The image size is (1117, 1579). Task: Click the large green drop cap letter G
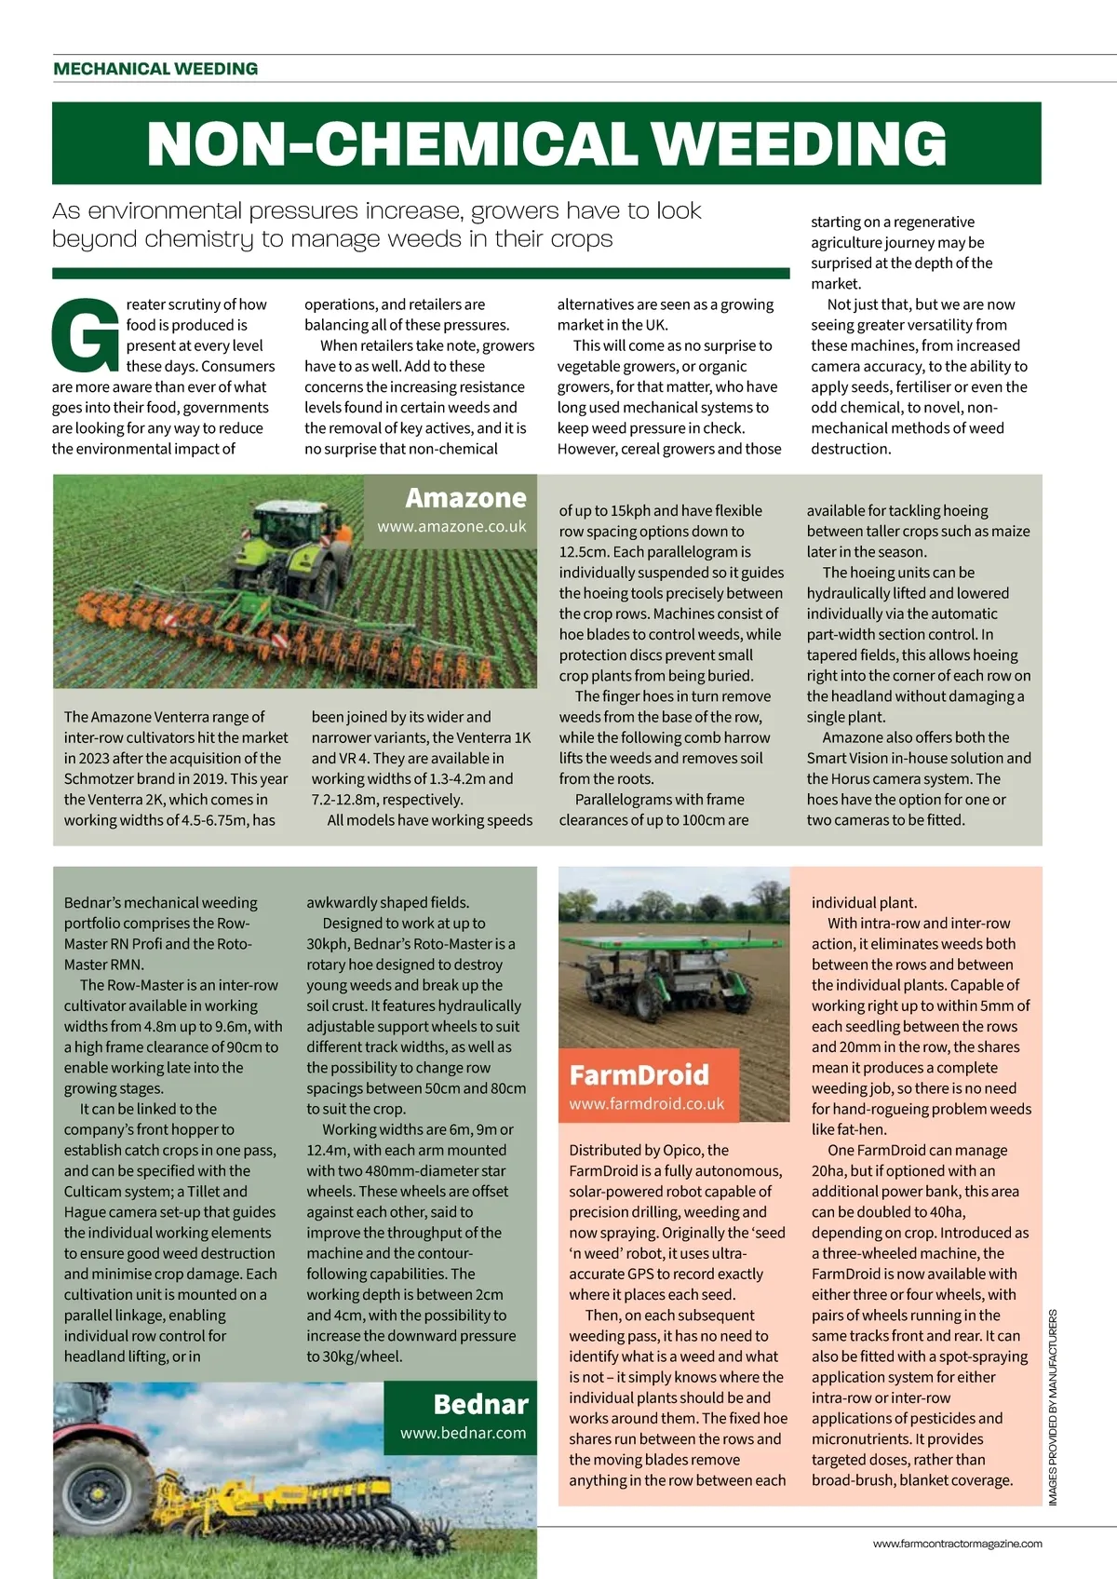point(85,335)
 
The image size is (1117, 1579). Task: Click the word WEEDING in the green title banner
point(798,143)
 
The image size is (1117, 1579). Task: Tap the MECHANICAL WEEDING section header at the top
point(155,69)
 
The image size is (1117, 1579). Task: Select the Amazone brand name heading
point(465,498)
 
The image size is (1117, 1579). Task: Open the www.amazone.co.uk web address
point(451,526)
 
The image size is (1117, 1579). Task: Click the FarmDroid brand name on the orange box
point(639,1075)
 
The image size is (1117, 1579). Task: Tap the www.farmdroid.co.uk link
point(646,1103)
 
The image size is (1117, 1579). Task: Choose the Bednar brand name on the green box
point(480,1404)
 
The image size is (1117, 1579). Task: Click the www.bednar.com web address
point(463,1433)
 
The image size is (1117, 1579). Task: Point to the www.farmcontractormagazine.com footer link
point(957,1544)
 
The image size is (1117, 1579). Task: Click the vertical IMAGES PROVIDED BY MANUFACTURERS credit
point(1054,1407)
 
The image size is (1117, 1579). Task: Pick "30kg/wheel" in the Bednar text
point(366,1356)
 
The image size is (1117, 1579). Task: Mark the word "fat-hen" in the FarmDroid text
point(860,1129)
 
